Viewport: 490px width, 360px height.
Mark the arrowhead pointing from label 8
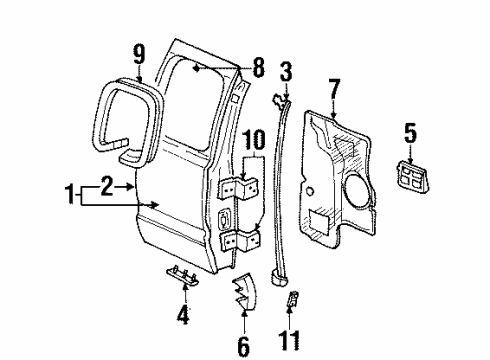[196, 68]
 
